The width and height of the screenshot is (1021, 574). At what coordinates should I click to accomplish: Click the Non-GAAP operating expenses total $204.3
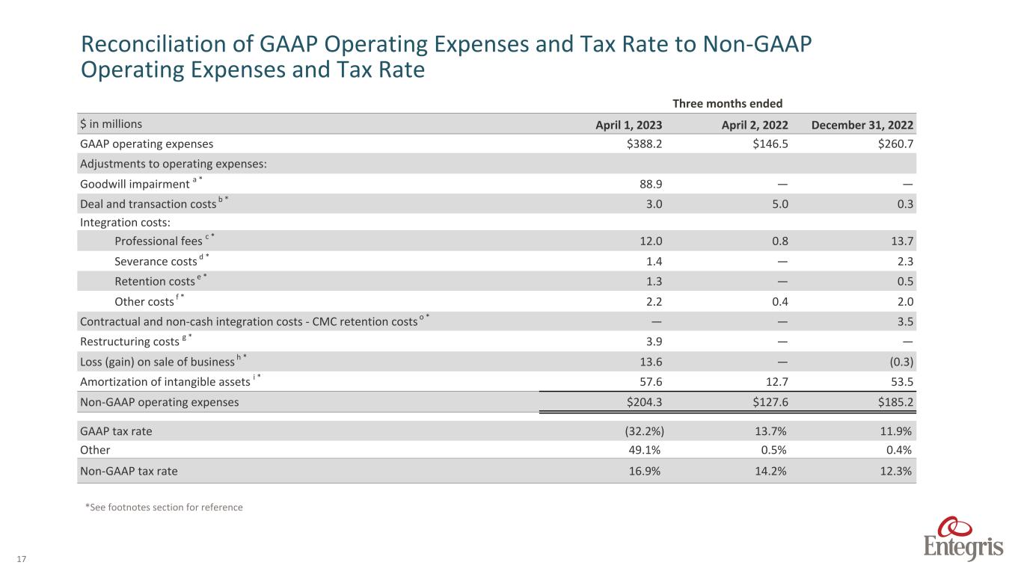(642, 402)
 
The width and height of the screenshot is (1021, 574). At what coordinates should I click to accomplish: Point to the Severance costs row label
(156, 261)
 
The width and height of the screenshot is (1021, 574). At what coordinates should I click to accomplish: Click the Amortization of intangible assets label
(165, 382)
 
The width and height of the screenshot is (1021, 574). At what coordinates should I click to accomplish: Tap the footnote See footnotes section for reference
(164, 507)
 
